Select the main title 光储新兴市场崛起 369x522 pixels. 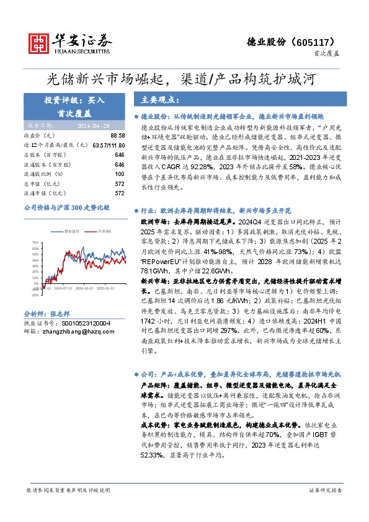[107, 79]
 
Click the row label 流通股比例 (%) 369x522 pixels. [44, 174]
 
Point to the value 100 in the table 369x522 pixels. [120, 174]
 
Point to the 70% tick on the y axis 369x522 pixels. [35, 243]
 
